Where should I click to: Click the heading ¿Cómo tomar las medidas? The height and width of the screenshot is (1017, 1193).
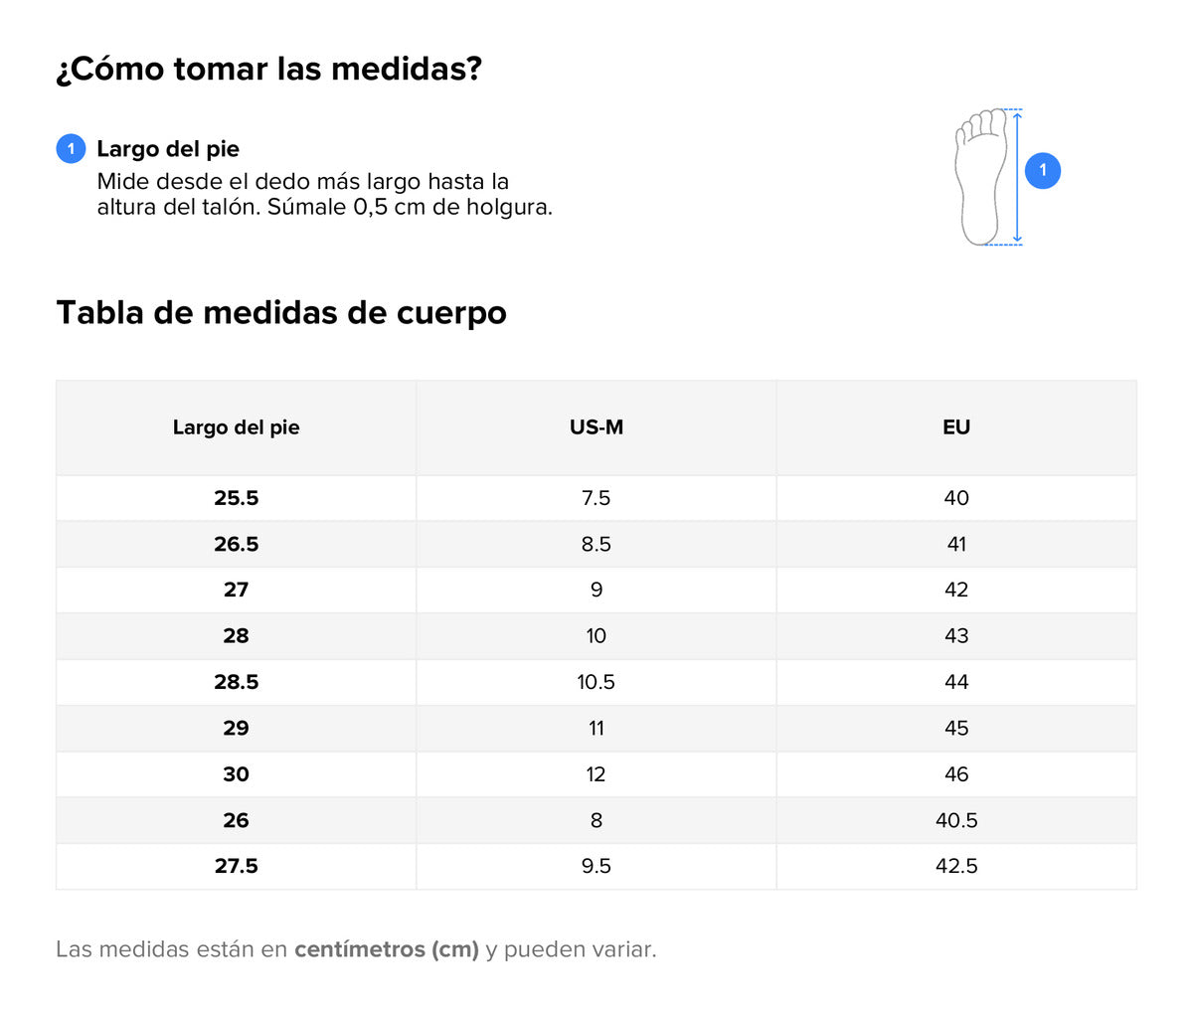(268, 70)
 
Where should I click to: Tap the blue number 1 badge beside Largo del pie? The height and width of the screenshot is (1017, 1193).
(71, 149)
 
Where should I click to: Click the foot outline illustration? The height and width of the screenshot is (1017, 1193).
(979, 177)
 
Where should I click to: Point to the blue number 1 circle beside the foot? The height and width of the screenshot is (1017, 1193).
(1042, 170)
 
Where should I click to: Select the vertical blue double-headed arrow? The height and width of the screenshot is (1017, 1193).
(1017, 177)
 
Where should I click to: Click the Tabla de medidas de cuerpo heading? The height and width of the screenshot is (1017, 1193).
(281, 312)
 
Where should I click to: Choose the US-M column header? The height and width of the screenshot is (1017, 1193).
(596, 427)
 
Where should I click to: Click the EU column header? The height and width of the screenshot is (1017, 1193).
(956, 427)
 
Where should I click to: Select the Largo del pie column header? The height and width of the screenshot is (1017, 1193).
(236, 427)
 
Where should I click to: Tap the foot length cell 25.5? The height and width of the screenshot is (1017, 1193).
(236, 498)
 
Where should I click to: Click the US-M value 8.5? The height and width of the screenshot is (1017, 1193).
(596, 544)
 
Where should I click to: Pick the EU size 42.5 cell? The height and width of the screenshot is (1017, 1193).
(956, 866)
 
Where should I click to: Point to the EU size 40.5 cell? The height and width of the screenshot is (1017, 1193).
(956, 820)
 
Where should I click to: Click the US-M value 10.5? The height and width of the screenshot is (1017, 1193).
(596, 682)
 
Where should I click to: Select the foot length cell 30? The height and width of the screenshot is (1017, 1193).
(236, 774)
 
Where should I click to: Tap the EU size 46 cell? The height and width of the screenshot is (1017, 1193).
(956, 774)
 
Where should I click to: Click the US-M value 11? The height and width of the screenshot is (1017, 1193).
(596, 728)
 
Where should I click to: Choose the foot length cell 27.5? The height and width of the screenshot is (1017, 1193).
(236, 866)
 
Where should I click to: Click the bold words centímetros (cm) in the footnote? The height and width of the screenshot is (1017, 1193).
(387, 949)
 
